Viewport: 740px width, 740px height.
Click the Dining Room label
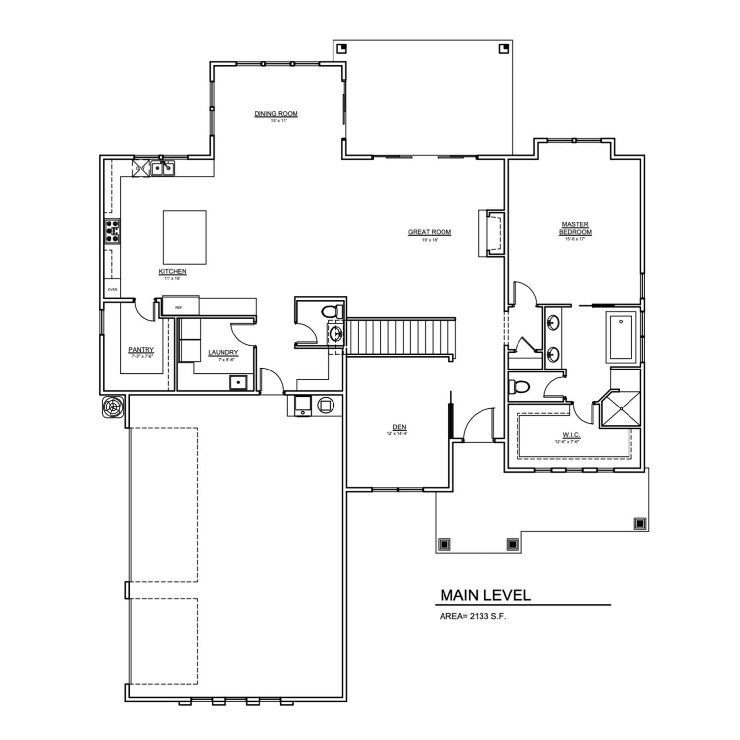pos(276,114)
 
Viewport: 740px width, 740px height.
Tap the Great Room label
pos(429,232)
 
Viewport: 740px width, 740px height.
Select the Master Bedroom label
pos(575,228)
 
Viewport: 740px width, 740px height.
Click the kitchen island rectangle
pos(185,237)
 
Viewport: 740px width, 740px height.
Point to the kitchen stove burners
pos(112,231)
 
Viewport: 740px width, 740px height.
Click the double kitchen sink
pos(162,169)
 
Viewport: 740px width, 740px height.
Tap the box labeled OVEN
pos(112,289)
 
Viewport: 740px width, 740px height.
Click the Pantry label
pos(141,350)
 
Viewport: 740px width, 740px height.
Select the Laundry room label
pos(223,352)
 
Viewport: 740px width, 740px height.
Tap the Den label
pos(399,427)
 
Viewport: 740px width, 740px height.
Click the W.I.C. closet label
pos(571,435)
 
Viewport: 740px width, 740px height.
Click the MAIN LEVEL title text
pos(485,595)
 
